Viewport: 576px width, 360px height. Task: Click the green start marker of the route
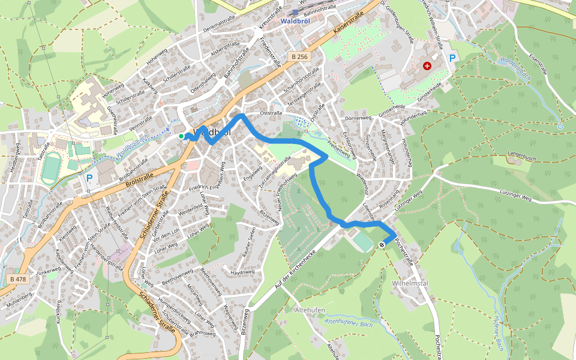coord(181,136)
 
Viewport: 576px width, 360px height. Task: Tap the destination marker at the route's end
coord(382,244)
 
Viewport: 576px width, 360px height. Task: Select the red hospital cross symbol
coord(427,65)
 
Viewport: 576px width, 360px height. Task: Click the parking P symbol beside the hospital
coord(452,58)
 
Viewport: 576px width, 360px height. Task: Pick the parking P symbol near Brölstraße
coord(89,178)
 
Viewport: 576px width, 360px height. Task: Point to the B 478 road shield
coord(19,279)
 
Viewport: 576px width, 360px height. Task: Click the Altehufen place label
coord(310,310)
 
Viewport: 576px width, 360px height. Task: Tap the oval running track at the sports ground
coord(51,169)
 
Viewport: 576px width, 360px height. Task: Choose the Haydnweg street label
coord(242,272)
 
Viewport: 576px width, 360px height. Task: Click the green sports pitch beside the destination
coord(362,242)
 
